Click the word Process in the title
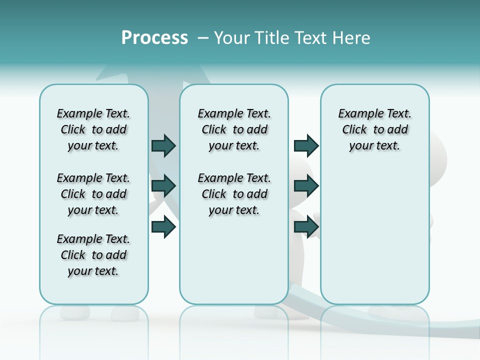tap(154, 38)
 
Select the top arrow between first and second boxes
tap(163, 145)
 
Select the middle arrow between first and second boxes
tap(163, 186)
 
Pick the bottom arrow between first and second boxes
tap(163, 227)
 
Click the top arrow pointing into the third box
tap(306, 145)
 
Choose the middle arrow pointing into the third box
tap(306, 186)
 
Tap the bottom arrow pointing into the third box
tap(306, 227)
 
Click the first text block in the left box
tap(93, 129)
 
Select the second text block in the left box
tap(93, 194)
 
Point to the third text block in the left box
tap(93, 255)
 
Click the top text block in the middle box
tap(234, 129)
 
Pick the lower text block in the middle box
tap(234, 194)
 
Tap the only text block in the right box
tap(374, 129)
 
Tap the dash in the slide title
tap(203, 38)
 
